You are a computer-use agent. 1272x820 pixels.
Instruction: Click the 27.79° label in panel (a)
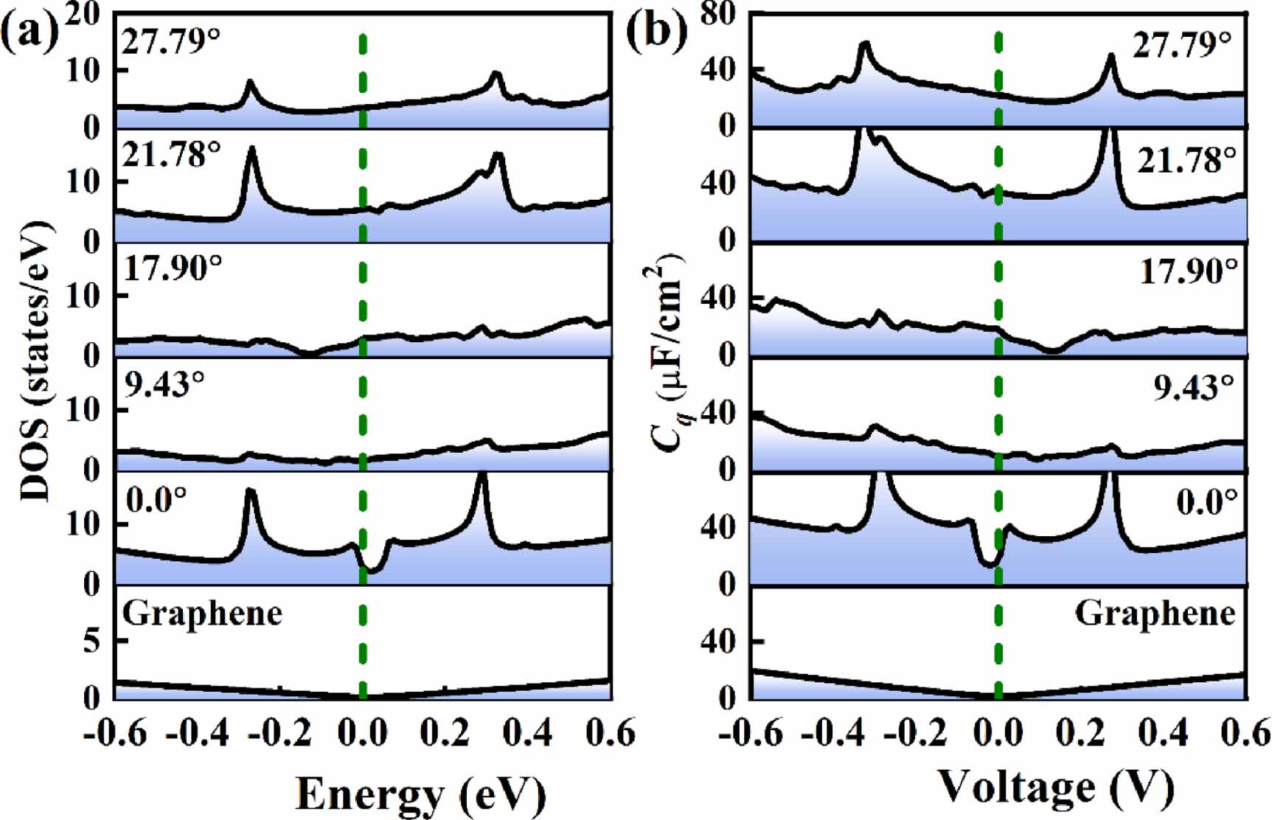click(x=171, y=41)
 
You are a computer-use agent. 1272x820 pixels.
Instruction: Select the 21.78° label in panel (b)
click(x=1185, y=159)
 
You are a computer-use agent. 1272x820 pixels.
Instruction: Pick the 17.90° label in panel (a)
click(x=172, y=268)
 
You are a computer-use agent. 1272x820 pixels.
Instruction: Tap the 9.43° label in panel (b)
click(x=1193, y=386)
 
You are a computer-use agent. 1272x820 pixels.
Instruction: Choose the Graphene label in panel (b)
click(x=1154, y=614)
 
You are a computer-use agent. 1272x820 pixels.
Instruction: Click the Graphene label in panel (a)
click(x=202, y=614)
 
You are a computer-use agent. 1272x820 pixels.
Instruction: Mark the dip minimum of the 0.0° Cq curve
click(x=990, y=565)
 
